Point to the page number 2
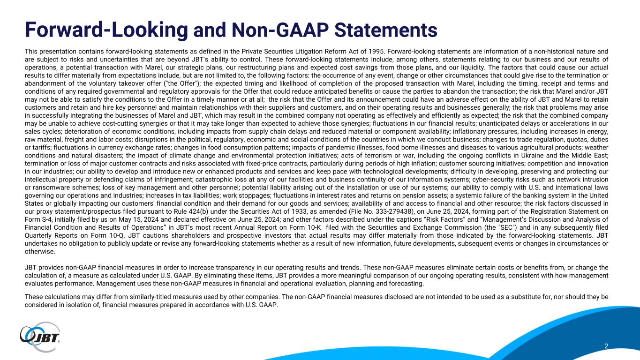[606, 346]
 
